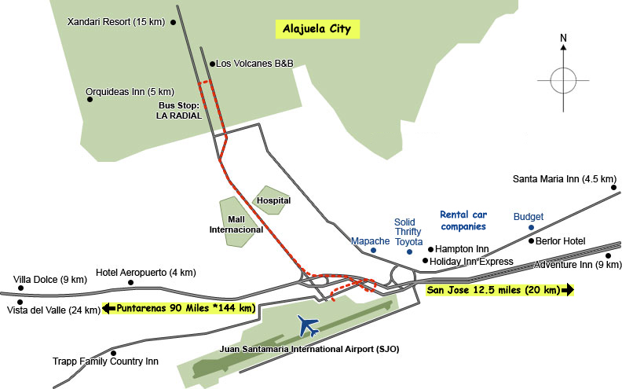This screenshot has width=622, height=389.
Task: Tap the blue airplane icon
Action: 309,325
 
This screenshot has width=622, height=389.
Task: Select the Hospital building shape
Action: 272,201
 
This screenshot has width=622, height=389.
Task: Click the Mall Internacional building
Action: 235,223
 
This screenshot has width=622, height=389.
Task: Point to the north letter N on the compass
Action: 563,38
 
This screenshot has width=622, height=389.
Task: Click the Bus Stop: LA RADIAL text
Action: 180,110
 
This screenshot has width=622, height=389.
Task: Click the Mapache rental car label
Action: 370,240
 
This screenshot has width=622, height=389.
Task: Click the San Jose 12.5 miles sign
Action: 499,290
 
